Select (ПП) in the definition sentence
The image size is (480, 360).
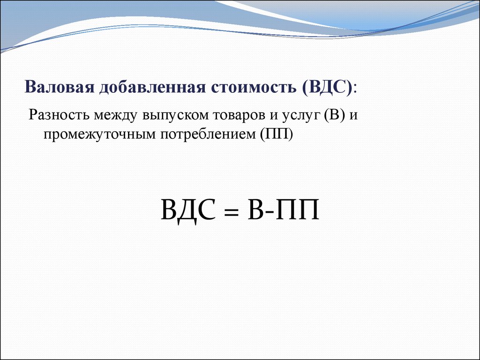277,134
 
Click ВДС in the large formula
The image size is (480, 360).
188,210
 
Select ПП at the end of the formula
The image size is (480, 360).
298,210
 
